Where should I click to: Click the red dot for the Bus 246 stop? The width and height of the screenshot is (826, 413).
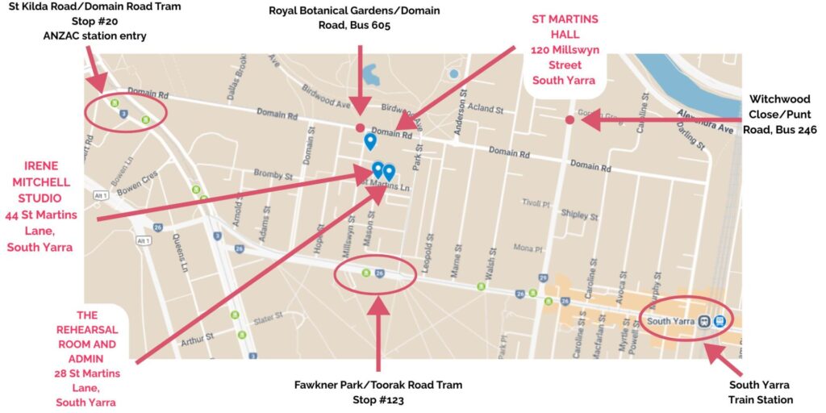click(569, 120)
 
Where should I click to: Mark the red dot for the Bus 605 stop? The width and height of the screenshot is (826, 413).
click(360, 127)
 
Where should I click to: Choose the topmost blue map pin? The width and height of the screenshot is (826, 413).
click(369, 141)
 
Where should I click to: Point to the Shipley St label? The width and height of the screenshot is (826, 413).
click(581, 215)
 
